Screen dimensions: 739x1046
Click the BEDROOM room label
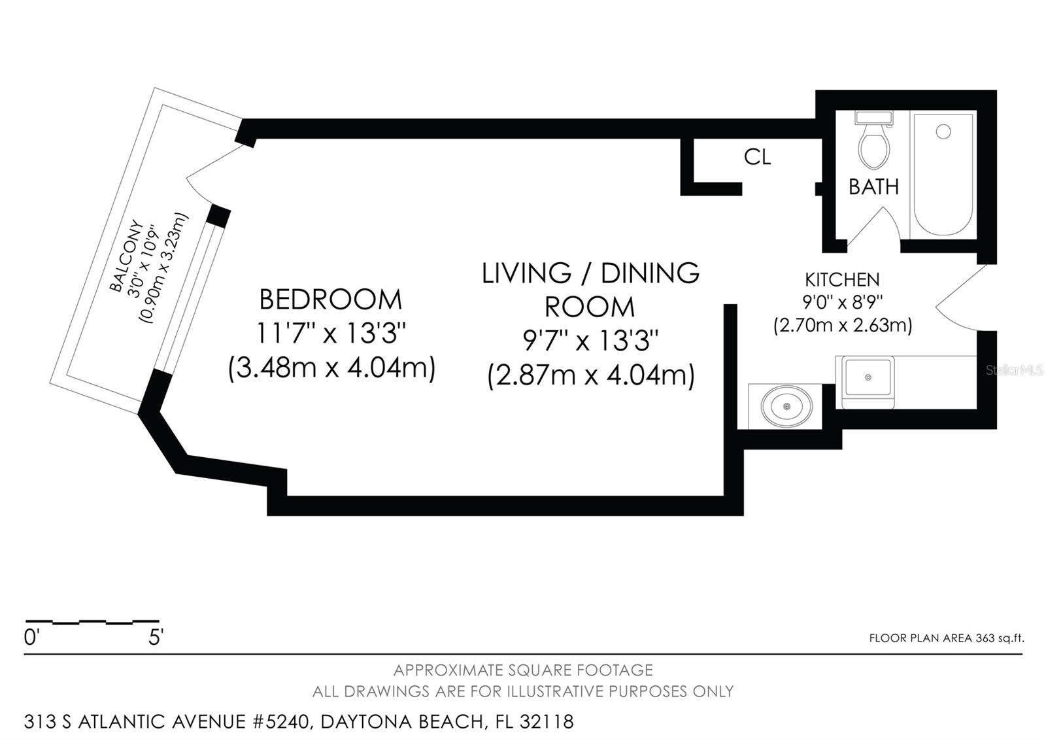tap(331, 300)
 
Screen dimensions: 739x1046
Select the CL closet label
tap(757, 157)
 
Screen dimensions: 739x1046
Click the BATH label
tap(873, 187)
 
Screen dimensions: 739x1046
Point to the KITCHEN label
tap(842, 280)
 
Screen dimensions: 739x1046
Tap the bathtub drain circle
tap(943, 132)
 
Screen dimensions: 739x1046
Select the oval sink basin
tap(786, 406)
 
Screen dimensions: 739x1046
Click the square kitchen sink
tap(868, 378)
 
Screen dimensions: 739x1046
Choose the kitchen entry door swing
tap(961, 298)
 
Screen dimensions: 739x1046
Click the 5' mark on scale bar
tap(155, 637)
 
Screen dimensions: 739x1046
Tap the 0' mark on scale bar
tap(31, 637)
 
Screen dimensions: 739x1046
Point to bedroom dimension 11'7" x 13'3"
tap(331, 334)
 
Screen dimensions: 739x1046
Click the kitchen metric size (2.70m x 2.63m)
tap(842, 325)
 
